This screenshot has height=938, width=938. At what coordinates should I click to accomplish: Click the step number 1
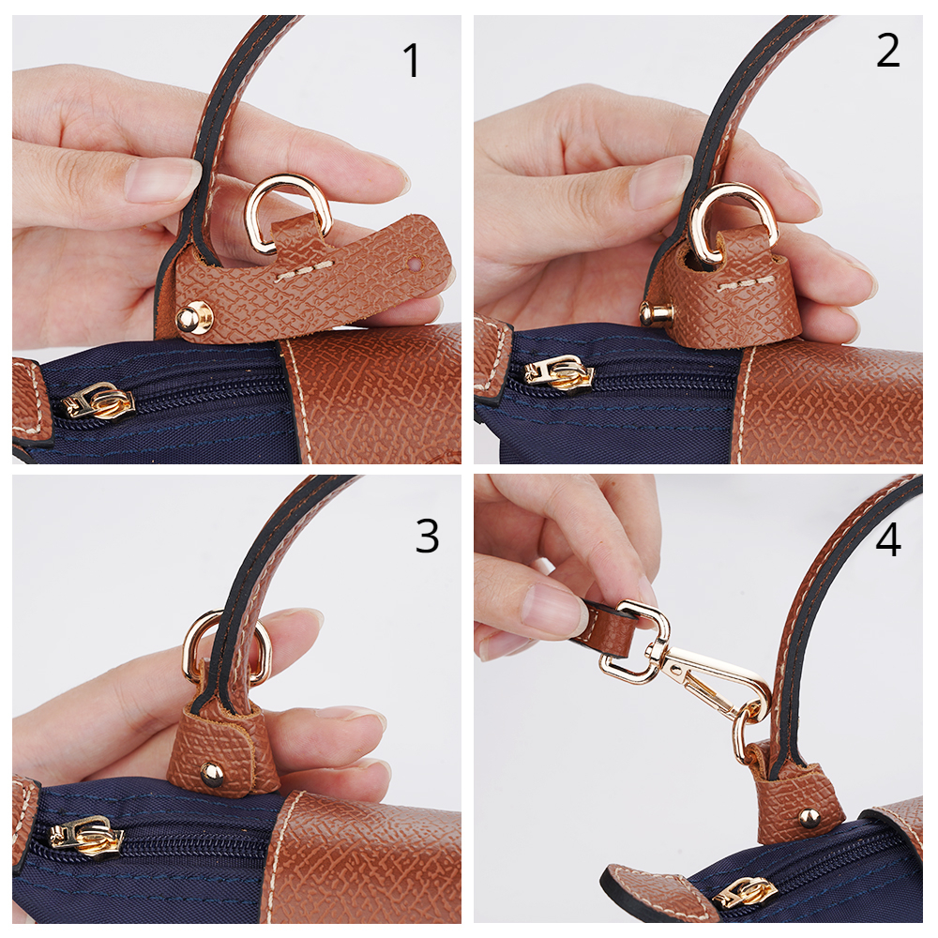coord(412,60)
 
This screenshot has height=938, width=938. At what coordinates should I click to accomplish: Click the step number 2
coord(887,51)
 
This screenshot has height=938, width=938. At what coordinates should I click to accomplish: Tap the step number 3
coord(427,536)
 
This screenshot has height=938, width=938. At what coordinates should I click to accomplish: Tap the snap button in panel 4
coord(809,817)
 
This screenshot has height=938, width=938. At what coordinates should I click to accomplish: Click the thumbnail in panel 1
coord(162,179)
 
